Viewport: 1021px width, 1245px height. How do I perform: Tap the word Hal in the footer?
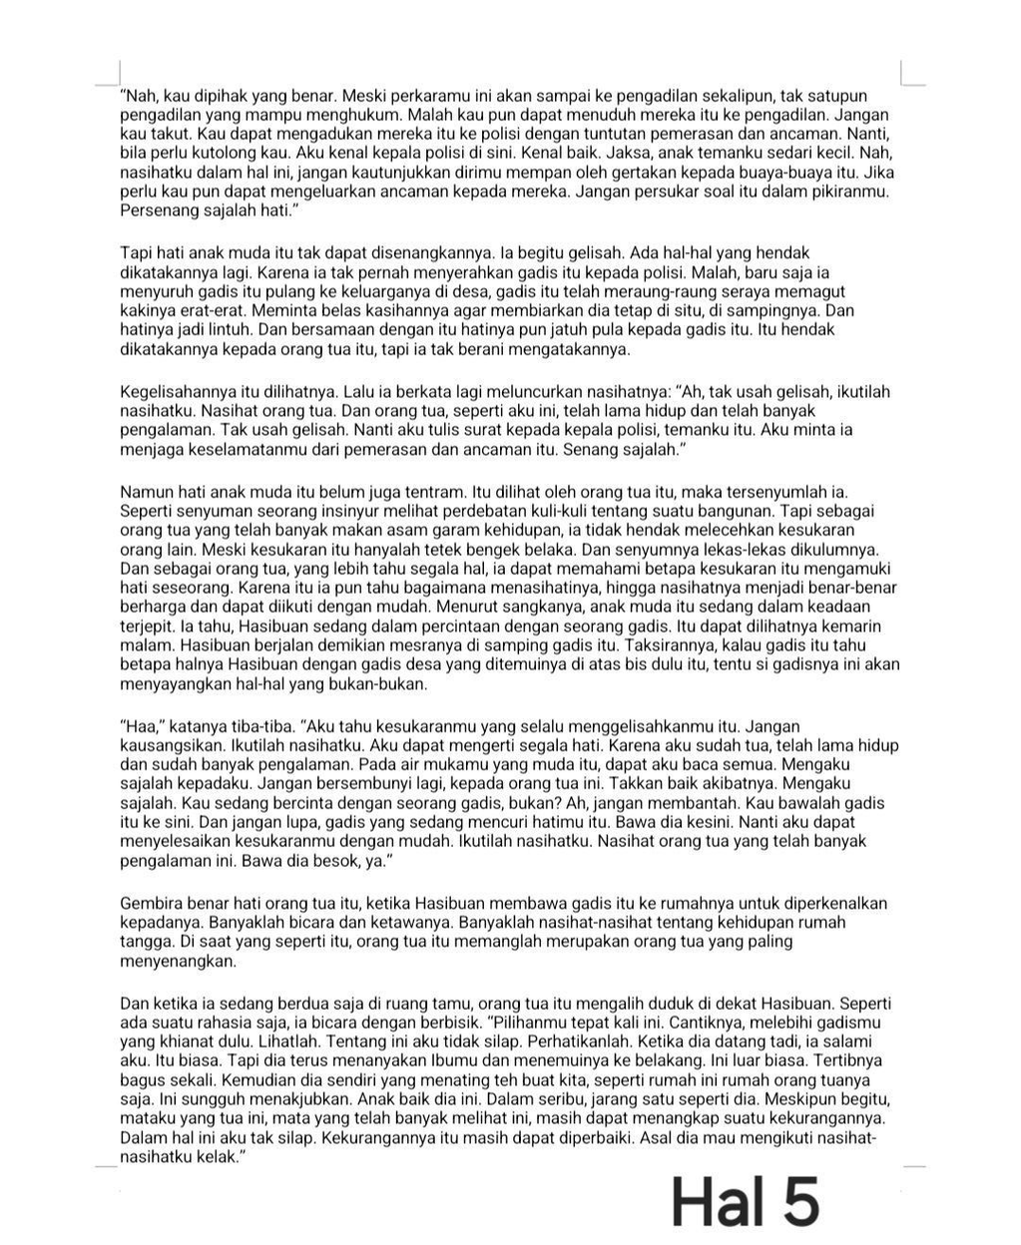[x=719, y=1202]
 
